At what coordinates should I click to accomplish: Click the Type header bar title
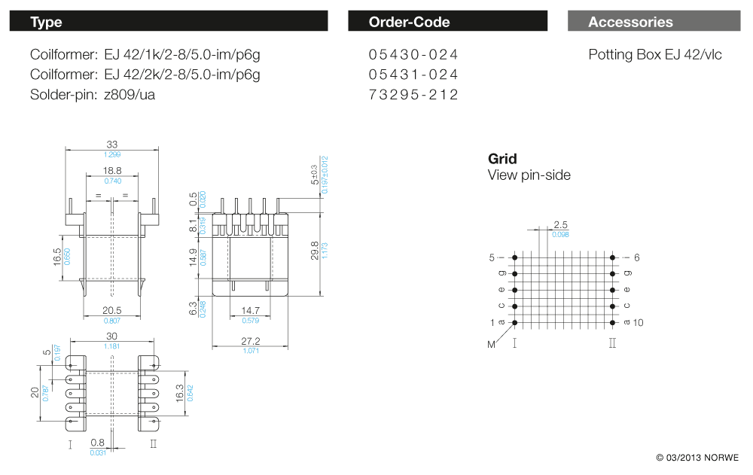(x=46, y=23)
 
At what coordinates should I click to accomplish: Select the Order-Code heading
(x=409, y=23)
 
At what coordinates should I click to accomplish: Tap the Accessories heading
(x=630, y=23)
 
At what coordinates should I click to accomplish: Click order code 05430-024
(x=413, y=55)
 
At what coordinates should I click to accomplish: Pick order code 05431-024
(x=413, y=75)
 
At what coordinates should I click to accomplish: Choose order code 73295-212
(x=413, y=94)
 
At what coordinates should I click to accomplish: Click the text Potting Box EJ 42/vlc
(x=654, y=55)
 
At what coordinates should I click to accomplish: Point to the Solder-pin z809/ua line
(x=93, y=94)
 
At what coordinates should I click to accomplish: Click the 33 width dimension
(x=112, y=144)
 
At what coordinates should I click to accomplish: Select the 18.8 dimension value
(x=112, y=172)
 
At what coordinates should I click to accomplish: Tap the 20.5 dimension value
(x=112, y=310)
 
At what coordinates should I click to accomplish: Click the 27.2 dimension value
(x=251, y=341)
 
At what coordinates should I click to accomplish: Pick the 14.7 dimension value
(x=251, y=310)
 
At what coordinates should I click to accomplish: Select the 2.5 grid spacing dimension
(x=560, y=224)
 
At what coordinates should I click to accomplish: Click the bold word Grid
(x=502, y=159)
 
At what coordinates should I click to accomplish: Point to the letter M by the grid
(x=492, y=345)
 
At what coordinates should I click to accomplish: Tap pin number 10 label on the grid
(x=639, y=322)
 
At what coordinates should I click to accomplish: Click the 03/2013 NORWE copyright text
(x=697, y=458)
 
